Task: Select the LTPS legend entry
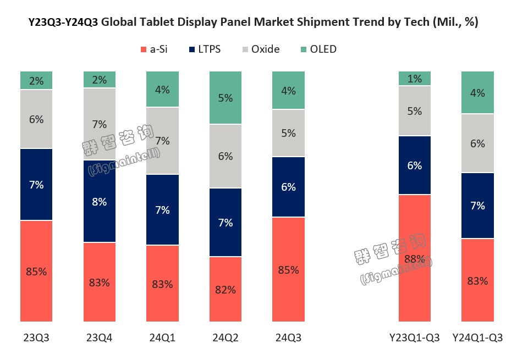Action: tap(204, 49)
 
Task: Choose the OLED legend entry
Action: tap(317, 49)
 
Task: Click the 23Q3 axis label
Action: tap(36, 337)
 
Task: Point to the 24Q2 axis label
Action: tap(226, 337)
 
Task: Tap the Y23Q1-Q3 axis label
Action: tap(415, 337)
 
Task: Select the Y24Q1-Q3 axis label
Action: tap(477, 337)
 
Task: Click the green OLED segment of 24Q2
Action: tap(226, 98)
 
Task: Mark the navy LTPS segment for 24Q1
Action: tap(163, 209)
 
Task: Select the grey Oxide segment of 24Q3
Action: tap(288, 133)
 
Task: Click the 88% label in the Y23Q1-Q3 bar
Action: tap(415, 258)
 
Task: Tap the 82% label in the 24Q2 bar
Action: tap(226, 290)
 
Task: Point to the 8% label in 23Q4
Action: tap(100, 201)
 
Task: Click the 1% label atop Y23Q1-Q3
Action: tap(415, 79)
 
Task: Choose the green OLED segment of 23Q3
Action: tap(36, 80)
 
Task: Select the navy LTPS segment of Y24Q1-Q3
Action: tap(477, 206)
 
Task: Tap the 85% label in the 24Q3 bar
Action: tap(288, 270)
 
